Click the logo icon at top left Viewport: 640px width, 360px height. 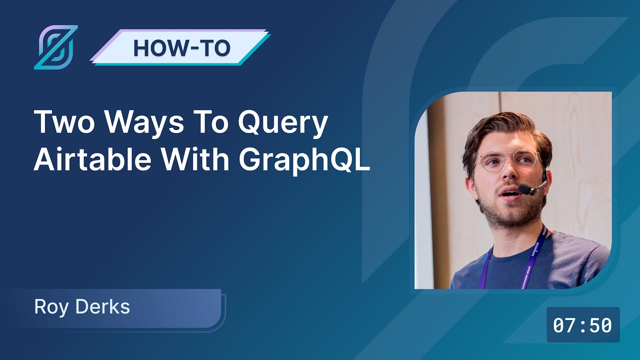(x=55, y=47)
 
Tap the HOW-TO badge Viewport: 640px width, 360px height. (x=181, y=47)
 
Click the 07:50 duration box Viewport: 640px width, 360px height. (x=583, y=325)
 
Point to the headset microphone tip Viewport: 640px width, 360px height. (x=524, y=189)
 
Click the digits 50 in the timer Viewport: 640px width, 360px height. (x=600, y=325)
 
